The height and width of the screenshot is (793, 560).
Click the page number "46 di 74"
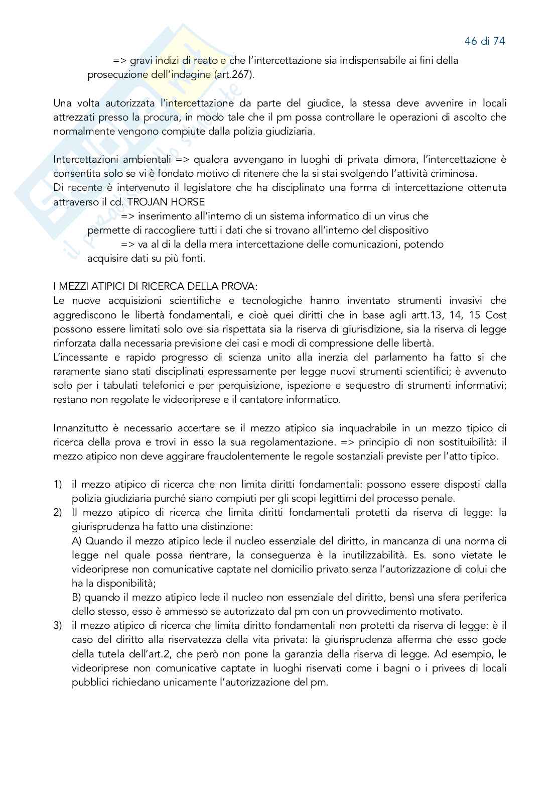point(484,41)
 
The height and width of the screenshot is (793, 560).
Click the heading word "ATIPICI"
point(102,287)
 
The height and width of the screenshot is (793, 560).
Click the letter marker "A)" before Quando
point(77,541)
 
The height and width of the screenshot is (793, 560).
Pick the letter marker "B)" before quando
point(77,597)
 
